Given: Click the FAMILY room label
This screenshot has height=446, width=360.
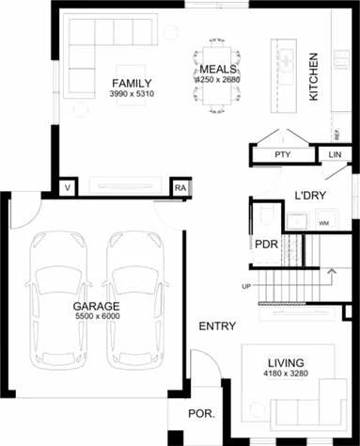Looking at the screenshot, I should [131, 82].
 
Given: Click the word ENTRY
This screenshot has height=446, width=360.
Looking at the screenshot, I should [216, 327].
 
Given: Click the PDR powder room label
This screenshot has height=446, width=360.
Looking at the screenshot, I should [266, 244].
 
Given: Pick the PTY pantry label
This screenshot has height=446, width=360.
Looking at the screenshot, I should [281, 154].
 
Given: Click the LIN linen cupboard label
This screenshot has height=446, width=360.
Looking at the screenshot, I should [336, 154].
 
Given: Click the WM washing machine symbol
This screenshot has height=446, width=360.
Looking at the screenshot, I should [323, 223].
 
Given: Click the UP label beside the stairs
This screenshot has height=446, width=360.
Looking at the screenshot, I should [246, 285].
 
